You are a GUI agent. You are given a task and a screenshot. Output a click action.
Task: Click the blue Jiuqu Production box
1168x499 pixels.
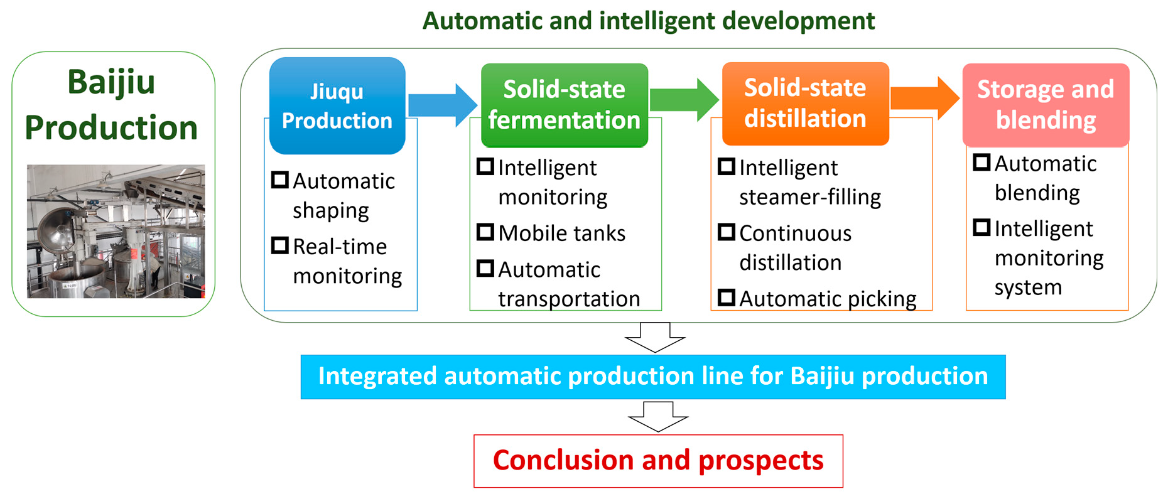[337, 105]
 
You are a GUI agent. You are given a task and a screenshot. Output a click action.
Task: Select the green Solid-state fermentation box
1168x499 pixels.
[564, 105]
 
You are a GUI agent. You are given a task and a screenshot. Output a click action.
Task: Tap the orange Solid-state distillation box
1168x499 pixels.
[805, 104]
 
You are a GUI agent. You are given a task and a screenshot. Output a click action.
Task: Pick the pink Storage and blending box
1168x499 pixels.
[1046, 105]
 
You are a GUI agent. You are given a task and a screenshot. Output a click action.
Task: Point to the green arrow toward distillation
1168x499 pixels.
[684, 100]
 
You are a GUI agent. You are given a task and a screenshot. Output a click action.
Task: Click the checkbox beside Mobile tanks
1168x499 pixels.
[485, 232]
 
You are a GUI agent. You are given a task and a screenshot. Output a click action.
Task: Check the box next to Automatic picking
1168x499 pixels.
[727, 298]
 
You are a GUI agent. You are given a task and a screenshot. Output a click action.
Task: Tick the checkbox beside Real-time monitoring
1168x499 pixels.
[280, 245]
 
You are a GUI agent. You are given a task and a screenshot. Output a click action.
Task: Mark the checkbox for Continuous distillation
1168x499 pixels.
[727, 232]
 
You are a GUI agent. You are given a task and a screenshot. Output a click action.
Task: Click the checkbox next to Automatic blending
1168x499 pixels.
[981, 163]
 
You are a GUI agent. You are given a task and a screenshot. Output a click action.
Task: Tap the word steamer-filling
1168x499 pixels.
[810, 197]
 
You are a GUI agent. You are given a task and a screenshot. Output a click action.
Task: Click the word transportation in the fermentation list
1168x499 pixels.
[569, 299]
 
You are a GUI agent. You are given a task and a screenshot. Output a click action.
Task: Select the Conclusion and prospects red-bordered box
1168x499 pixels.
[658, 461]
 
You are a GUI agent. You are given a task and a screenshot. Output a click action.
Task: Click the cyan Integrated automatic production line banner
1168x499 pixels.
[653, 377]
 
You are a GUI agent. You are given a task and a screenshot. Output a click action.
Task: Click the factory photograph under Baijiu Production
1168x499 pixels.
[116, 231]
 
